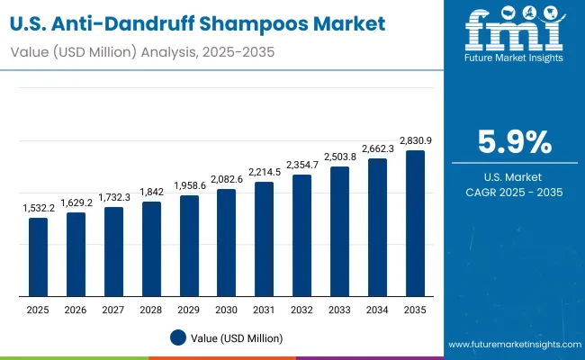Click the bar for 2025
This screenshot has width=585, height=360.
point(38,257)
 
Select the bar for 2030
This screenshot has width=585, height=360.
point(226,243)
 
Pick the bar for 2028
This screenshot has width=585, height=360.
point(151,249)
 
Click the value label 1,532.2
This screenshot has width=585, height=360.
point(38,209)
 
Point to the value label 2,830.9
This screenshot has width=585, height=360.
point(414,141)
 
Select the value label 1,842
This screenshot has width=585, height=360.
point(151,193)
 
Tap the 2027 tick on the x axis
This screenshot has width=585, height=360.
point(113,309)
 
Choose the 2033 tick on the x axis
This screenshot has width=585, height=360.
point(339,309)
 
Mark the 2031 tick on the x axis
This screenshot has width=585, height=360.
point(264,309)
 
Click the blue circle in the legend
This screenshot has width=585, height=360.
point(177,337)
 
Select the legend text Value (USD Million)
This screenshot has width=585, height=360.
point(236,337)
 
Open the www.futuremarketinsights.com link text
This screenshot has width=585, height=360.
point(511,345)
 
